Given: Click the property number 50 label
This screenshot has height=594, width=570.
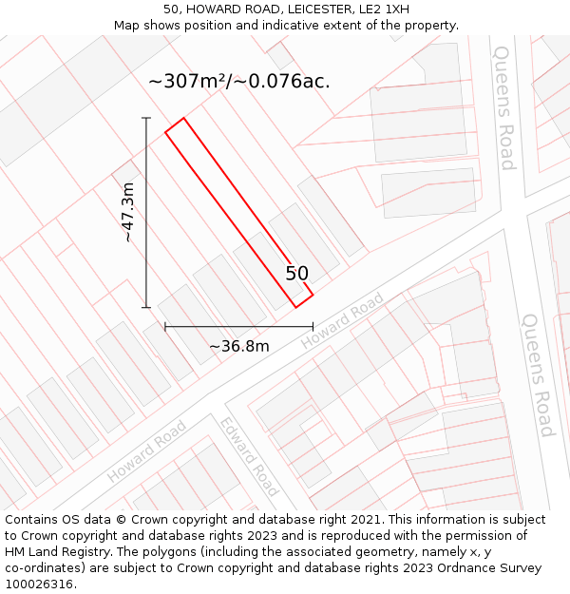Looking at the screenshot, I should pos(297,274).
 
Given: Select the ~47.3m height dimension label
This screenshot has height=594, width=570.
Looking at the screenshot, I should pos(127,212).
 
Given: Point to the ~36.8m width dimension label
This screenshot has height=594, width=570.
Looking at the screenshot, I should pos(238,346).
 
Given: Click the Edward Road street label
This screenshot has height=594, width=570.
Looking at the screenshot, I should pos(249,456).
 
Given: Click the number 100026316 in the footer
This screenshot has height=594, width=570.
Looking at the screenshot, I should pos(39,584).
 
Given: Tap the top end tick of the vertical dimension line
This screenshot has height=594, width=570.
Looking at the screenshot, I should pos(146,118).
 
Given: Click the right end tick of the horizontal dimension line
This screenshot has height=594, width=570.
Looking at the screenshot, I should pos(313,327).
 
